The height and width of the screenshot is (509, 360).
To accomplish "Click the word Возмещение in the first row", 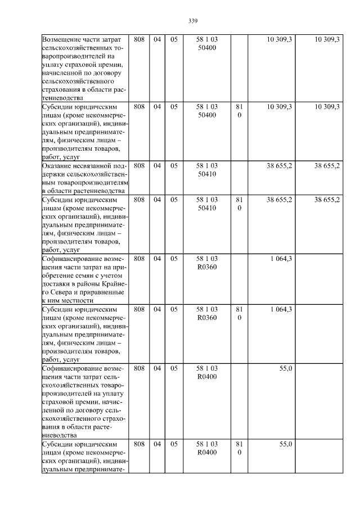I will tap(64, 40).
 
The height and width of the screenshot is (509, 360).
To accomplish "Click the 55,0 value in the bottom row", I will tap(285, 444).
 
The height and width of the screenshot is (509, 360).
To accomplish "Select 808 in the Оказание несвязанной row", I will tap(139, 166).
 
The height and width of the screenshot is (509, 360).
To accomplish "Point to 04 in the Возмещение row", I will tap(157, 40).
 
